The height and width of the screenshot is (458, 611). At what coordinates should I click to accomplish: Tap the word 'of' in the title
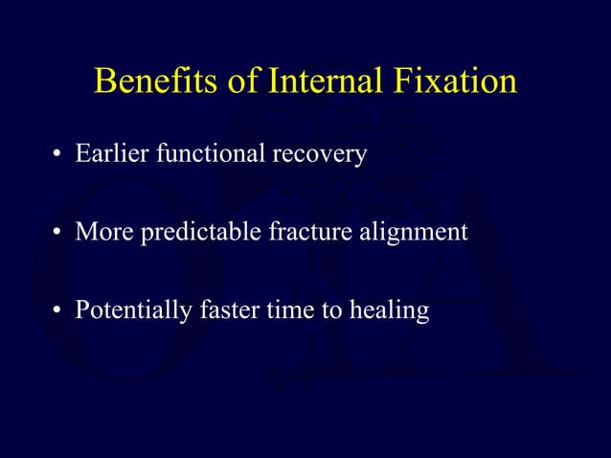coord(242,81)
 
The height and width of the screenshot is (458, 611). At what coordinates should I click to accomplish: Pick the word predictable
coord(193,233)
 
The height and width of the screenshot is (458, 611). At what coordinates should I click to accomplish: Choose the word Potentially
coord(130,311)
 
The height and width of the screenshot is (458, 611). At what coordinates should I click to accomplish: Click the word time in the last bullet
coord(284,310)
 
